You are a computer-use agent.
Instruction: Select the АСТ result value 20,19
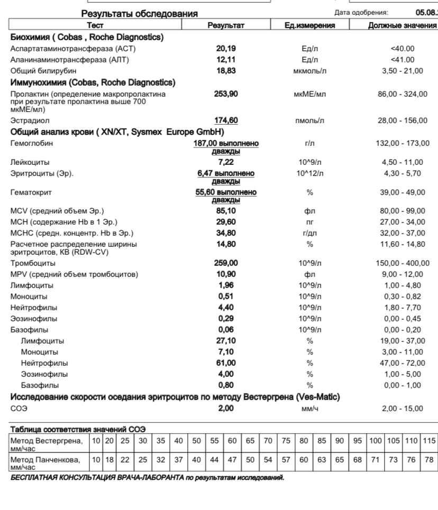227,49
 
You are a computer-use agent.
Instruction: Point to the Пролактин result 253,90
228,94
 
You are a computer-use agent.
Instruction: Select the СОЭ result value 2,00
227,409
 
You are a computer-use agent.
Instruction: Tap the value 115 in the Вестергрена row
430,441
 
